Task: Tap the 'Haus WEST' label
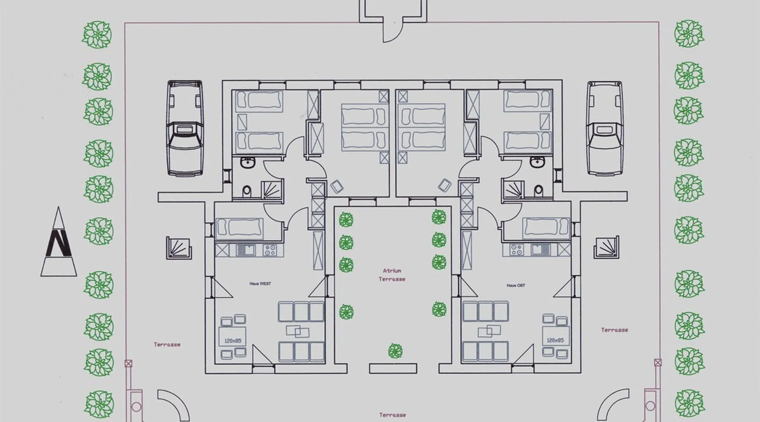(260, 284)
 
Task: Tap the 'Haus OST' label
(516, 286)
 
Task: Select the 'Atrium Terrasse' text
(392, 275)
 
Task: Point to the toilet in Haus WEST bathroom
(247, 191)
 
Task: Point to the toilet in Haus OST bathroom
(538, 191)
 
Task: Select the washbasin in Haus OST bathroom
(537, 162)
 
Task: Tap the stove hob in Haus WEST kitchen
(269, 250)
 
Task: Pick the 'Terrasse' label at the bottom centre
(392, 415)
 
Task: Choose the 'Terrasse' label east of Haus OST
(614, 330)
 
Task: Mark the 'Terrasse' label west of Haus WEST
(167, 345)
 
